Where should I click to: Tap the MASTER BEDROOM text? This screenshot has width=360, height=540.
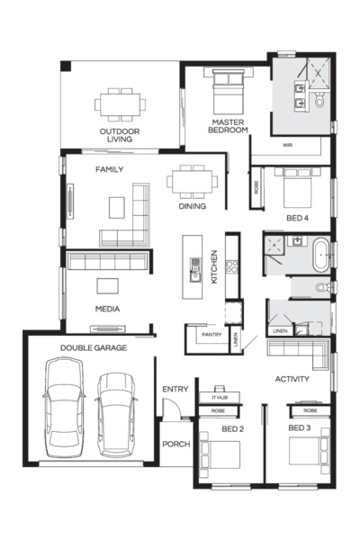(229, 125)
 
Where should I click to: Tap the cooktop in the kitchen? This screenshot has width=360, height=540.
(230, 266)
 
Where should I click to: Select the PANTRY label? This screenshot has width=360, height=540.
(211, 335)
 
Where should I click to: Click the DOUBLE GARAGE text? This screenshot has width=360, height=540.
(93, 346)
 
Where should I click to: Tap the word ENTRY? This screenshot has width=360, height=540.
(175, 389)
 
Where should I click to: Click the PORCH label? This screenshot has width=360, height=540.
(175, 445)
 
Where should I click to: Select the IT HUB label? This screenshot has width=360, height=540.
(219, 397)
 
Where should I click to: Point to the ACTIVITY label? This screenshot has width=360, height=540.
(292, 379)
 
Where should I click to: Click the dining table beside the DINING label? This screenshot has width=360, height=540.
(192, 181)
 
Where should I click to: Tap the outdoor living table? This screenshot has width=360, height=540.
(119, 104)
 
